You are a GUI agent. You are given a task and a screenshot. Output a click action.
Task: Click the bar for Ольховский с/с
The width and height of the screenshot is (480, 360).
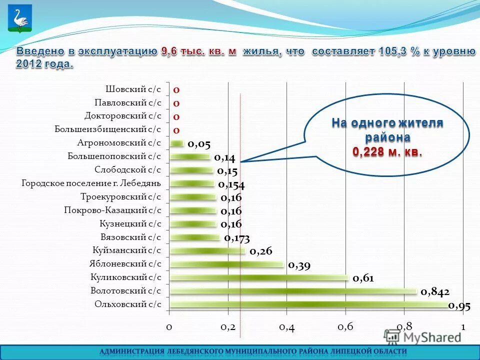point(310,303)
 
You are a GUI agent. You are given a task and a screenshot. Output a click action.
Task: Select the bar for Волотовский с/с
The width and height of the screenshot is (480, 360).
point(293,290)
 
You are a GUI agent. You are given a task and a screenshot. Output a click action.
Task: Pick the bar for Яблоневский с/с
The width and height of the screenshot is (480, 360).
point(227,263)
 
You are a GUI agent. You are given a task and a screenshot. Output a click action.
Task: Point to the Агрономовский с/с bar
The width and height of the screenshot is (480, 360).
point(177,143)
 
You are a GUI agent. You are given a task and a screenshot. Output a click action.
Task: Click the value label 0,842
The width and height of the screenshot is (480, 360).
point(435,291)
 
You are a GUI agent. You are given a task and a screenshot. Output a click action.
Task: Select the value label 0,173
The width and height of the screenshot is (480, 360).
point(237,238)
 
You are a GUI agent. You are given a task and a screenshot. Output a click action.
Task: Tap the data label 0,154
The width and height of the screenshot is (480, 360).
point(231,184)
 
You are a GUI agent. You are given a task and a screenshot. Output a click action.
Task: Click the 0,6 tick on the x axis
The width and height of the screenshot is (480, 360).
point(345,327)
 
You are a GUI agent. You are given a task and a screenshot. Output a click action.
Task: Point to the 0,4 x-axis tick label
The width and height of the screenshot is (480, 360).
point(286,327)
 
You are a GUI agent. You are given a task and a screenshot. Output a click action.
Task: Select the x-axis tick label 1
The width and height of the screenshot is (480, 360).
point(463,327)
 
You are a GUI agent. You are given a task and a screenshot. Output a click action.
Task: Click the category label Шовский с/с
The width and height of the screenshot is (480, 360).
point(133,89)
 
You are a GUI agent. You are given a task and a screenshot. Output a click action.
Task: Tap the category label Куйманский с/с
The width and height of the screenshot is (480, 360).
point(127,250)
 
